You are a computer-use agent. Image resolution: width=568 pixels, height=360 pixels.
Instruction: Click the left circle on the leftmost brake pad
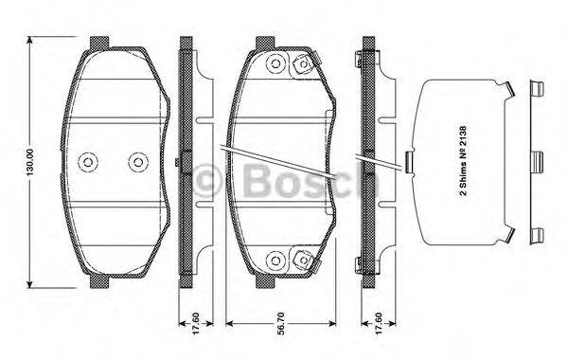(89, 160)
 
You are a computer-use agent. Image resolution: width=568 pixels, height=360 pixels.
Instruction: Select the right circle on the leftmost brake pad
(138, 160)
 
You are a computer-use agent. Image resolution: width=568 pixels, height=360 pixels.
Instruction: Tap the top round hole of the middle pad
(275, 65)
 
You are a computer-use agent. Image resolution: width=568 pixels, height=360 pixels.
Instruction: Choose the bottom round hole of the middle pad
(275, 258)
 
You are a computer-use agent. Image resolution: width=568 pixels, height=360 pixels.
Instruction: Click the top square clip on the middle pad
(304, 65)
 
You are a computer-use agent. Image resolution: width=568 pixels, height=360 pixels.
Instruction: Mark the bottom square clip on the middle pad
(304, 258)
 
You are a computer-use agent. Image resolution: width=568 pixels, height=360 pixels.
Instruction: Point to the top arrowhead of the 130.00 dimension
(32, 42)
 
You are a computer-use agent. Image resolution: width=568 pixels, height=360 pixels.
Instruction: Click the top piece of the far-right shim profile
(537, 91)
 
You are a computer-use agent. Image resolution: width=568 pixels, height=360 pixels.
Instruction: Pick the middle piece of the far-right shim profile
(537, 160)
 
